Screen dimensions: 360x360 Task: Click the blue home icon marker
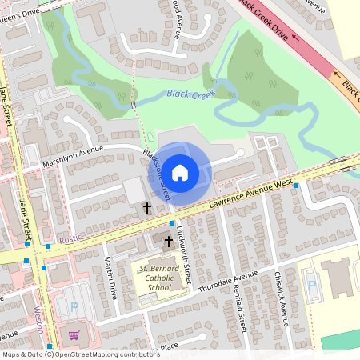(180, 171)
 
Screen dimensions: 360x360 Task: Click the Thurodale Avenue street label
(228, 281)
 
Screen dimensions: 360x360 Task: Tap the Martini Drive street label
(111, 279)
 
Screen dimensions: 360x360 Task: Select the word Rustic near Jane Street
(70, 238)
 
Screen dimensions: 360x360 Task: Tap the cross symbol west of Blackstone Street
(146, 208)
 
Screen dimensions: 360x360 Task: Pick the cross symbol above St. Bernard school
(169, 239)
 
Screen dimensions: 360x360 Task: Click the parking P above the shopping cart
(74, 307)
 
